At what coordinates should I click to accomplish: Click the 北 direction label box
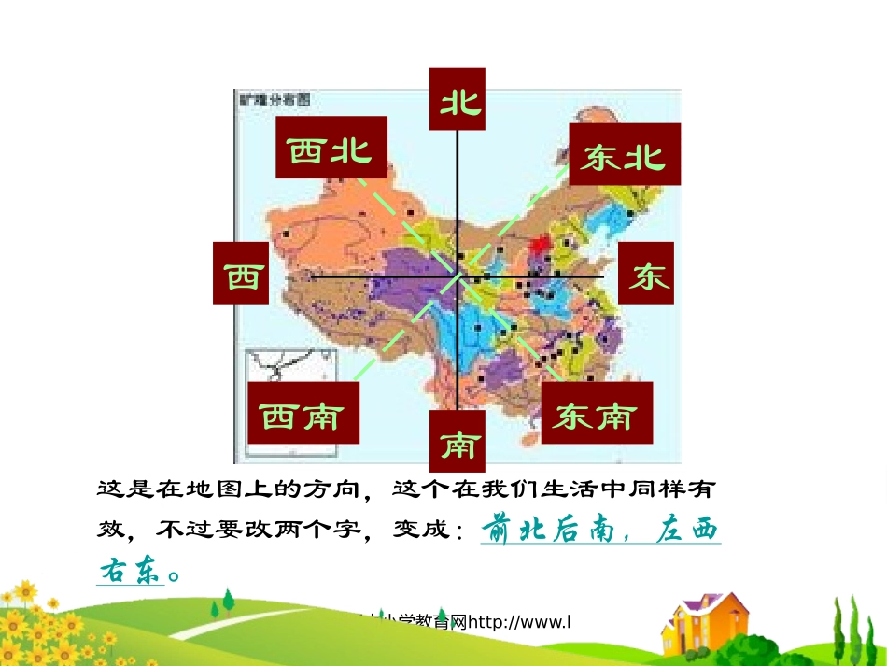(x=458, y=99)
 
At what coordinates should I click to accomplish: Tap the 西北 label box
(x=331, y=147)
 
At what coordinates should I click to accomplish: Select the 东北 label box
(x=624, y=154)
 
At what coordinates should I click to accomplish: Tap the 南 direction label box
(x=458, y=442)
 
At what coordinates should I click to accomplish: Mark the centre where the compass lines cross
(x=458, y=276)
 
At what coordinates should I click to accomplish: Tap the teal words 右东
(x=130, y=571)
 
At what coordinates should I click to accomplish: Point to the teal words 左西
(x=687, y=530)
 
